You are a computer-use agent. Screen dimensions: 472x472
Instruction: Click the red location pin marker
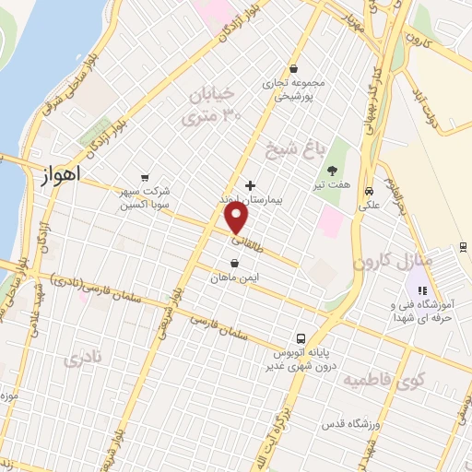tap(237, 218)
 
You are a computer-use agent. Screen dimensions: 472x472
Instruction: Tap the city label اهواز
tap(62, 172)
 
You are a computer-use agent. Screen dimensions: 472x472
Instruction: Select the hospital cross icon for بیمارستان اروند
tap(251, 184)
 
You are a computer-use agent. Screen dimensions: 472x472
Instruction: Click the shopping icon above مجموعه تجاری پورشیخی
tap(293, 67)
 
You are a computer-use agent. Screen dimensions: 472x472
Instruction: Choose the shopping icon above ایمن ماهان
tap(235, 264)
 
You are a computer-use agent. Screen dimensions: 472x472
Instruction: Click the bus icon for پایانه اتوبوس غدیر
tap(301, 339)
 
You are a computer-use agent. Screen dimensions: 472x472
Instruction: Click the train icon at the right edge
tap(463, 246)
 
